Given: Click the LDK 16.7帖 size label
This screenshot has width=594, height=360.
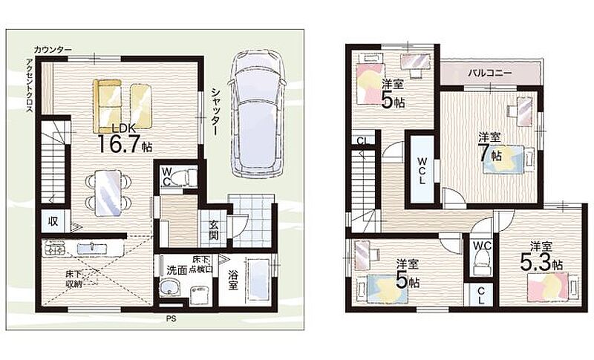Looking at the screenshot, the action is click(125, 139).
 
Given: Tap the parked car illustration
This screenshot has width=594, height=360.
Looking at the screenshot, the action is click(257, 114).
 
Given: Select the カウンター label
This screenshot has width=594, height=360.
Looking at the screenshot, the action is click(52, 50).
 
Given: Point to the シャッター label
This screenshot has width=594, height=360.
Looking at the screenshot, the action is click(216, 111).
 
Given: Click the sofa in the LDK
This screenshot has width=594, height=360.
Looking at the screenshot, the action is click(107, 105).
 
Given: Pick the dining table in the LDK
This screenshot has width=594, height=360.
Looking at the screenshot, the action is click(108, 193).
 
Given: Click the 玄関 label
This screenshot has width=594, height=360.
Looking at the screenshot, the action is click(213, 231).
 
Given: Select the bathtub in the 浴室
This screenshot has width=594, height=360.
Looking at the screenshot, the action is click(258, 279).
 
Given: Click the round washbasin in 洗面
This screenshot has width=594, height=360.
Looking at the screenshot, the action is click(170, 289).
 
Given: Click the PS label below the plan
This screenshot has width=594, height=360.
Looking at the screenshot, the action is click(171, 319).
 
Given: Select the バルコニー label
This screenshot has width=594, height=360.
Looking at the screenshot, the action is click(490, 73).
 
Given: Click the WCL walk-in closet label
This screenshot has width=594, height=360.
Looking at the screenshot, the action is click(422, 171).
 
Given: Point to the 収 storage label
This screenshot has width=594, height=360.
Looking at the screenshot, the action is click(53, 221).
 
